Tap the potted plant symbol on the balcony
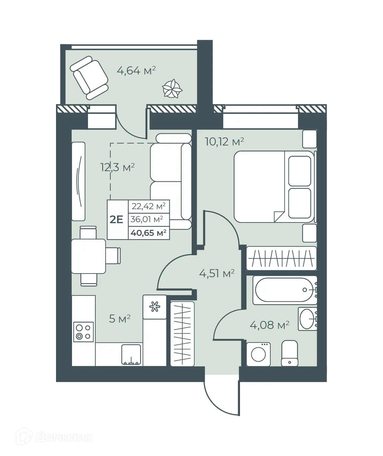coord(172,89)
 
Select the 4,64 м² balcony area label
coord(136,70)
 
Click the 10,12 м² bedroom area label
coord(224,142)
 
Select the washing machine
coord(258,354)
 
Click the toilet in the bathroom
coord(289,353)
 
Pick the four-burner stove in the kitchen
coord(83,332)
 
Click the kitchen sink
coord(131,355)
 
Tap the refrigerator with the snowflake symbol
coord(154,307)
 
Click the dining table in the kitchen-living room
coord(88,256)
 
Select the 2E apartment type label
coord(117,219)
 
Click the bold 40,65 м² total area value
coord(149,233)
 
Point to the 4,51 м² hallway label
coord(217,274)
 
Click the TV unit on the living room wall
coord(79,181)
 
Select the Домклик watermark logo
coord(53,437)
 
